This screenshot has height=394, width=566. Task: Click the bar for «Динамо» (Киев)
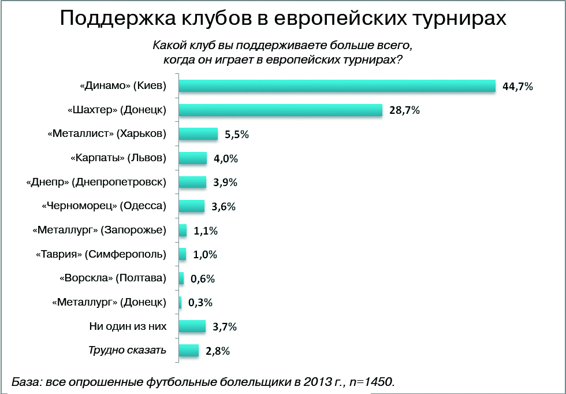pyautogui.click(x=337, y=86)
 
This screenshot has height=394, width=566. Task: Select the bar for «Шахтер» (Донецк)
pyautogui.click(x=281, y=110)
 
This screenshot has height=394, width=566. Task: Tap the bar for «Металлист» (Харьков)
pyautogui.click(x=198, y=134)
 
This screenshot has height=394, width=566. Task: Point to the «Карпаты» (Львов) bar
pyautogui.click(x=193, y=158)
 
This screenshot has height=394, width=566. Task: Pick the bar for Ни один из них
pyautogui.click(x=192, y=326)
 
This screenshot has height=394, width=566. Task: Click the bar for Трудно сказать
pyautogui.click(x=189, y=351)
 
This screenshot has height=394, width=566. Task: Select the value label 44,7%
pyautogui.click(x=517, y=87)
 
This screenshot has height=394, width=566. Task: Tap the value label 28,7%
pyautogui.click(x=404, y=111)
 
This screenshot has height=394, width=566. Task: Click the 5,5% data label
pyautogui.click(x=237, y=135)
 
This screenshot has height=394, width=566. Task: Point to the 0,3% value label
pyautogui.click(x=201, y=303)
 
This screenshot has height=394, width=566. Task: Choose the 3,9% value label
pyautogui.click(x=225, y=183)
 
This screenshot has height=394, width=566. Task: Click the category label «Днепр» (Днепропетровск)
pyautogui.click(x=96, y=182)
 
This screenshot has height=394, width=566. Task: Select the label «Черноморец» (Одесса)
pyautogui.click(x=104, y=206)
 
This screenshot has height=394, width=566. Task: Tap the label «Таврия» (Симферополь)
pyautogui.click(x=101, y=254)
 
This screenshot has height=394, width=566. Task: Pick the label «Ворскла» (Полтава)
pyautogui.click(x=113, y=278)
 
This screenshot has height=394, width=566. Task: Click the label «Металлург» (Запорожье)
pyautogui.click(x=99, y=230)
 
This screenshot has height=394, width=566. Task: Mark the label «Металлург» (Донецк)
pyautogui.click(x=109, y=302)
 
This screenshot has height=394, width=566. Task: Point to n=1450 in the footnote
pyautogui.click(x=370, y=381)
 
